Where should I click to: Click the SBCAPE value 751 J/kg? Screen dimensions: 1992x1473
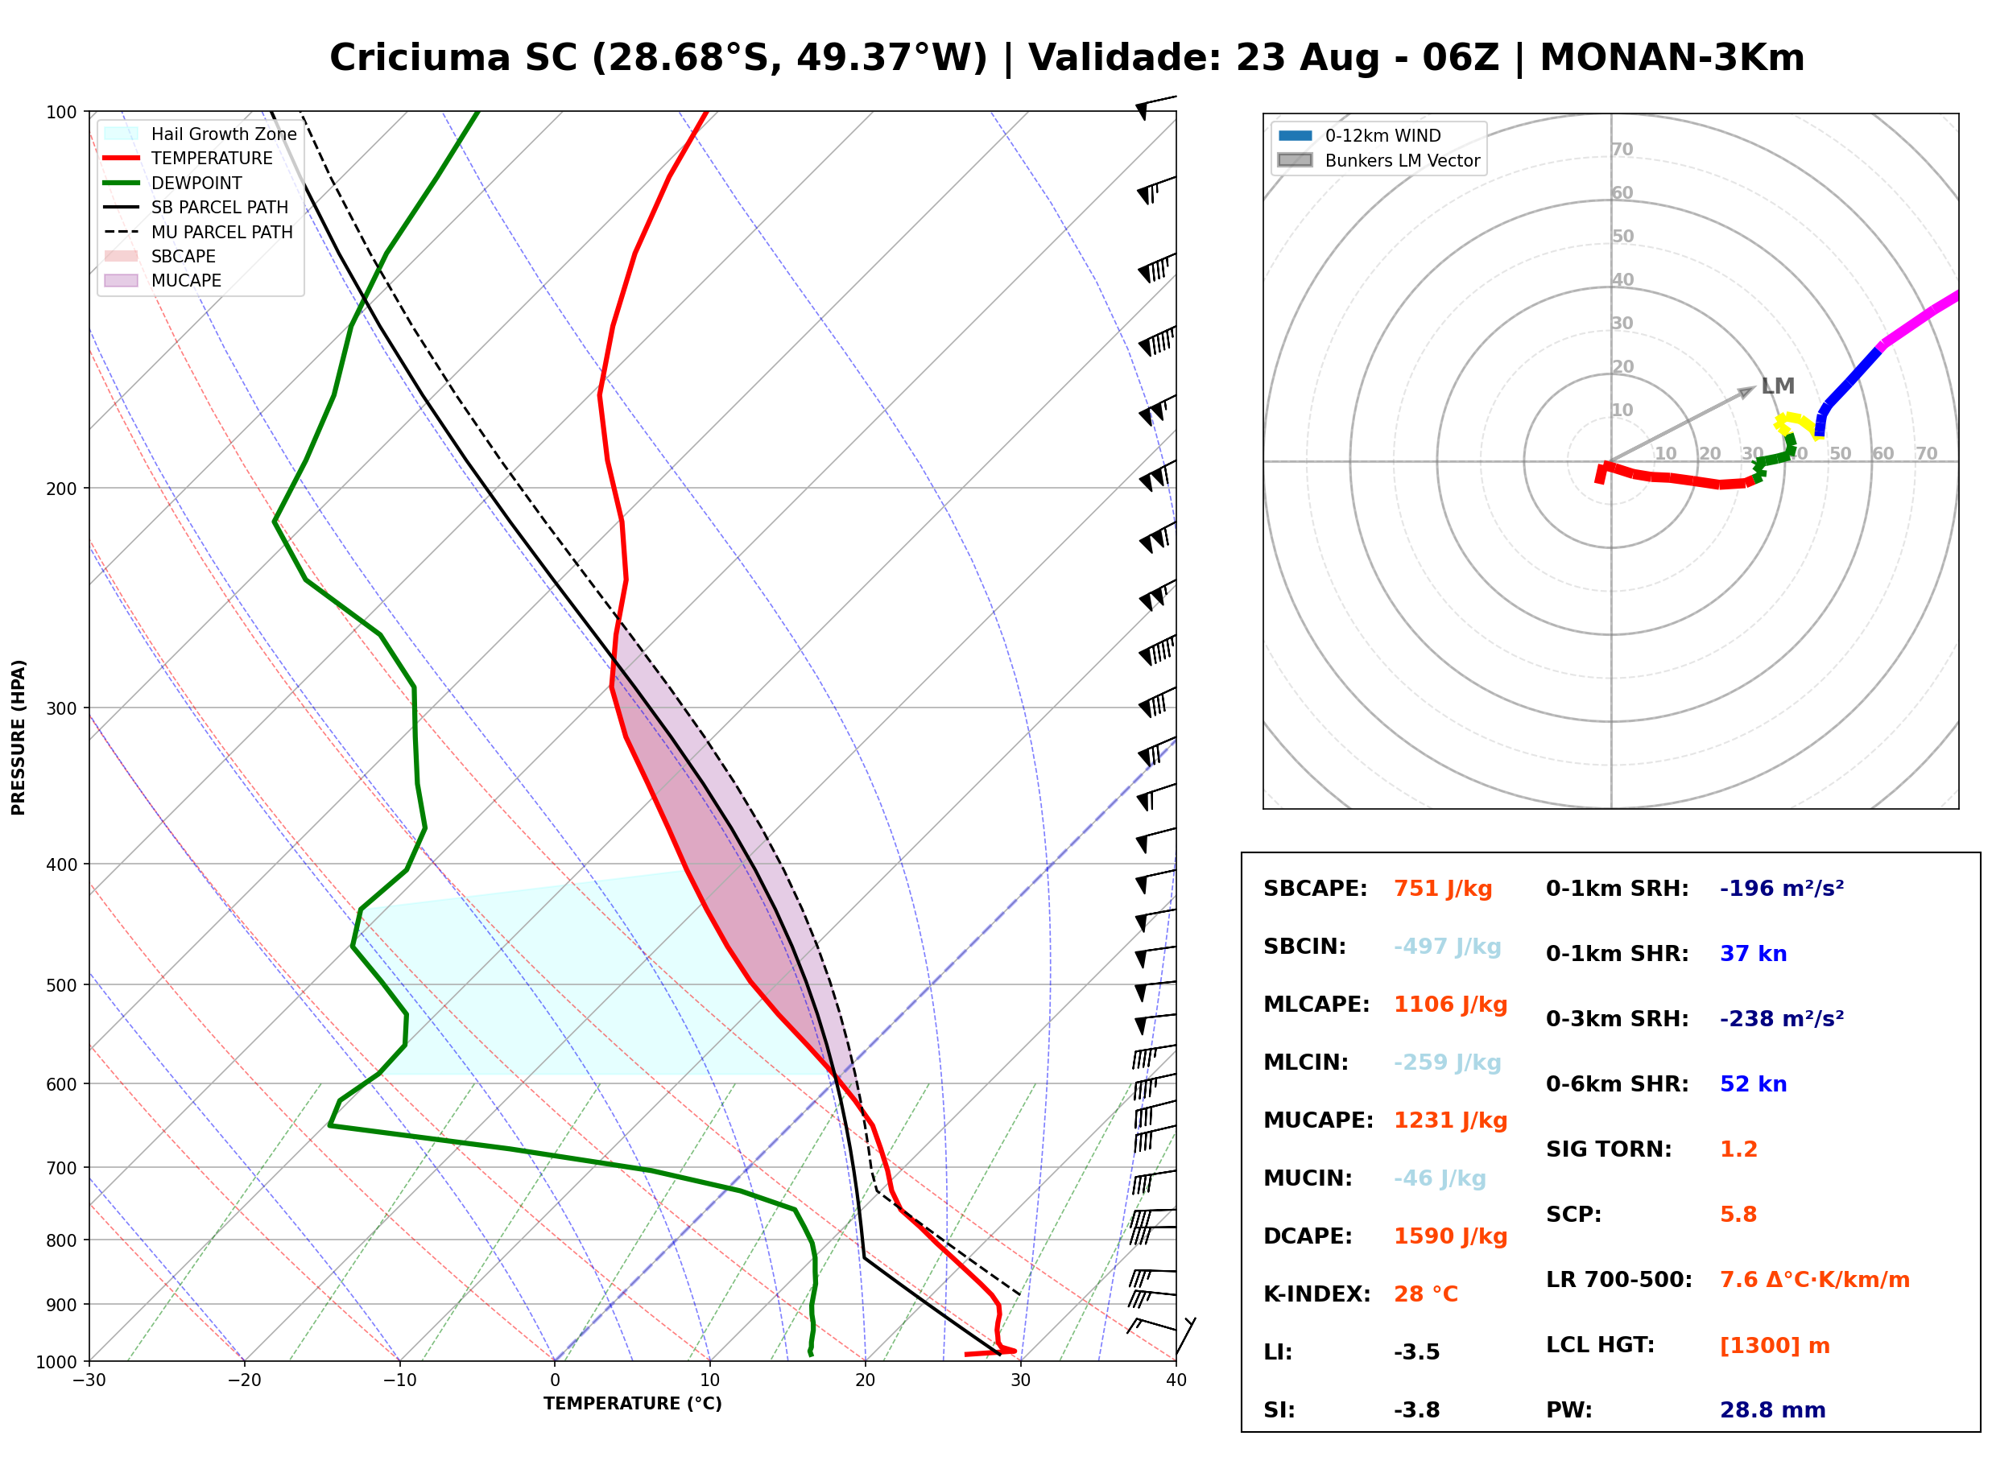pyautogui.click(x=1443, y=889)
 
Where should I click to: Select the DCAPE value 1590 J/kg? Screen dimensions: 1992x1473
pyautogui.click(x=1451, y=1236)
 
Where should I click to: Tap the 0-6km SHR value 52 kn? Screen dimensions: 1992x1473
pyautogui.click(x=1753, y=1084)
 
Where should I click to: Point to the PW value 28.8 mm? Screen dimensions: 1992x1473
pyautogui.click(x=1773, y=1410)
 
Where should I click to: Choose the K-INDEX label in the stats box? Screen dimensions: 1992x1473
pyautogui.click(x=1317, y=1294)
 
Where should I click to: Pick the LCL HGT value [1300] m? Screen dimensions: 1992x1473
pyautogui.click(x=1775, y=1346)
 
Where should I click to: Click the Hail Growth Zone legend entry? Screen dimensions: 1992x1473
pyautogui.click(x=200, y=134)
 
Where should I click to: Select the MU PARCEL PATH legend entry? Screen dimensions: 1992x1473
pyautogui.click(x=199, y=232)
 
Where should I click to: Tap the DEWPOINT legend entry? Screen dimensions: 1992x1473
pyautogui.click(x=173, y=183)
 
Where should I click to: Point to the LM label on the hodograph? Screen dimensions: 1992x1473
pyautogui.click(x=1778, y=386)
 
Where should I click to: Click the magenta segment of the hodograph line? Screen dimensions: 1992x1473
pyautogui.click(x=1920, y=318)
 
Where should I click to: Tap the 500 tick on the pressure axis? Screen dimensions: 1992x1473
pyautogui.click(x=61, y=985)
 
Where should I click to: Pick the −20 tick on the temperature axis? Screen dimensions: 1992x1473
pyautogui.click(x=244, y=1380)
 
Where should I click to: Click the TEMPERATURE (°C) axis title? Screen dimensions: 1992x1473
pyautogui.click(x=633, y=1405)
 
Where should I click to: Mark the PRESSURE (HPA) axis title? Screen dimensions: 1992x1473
pyautogui.click(x=19, y=737)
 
